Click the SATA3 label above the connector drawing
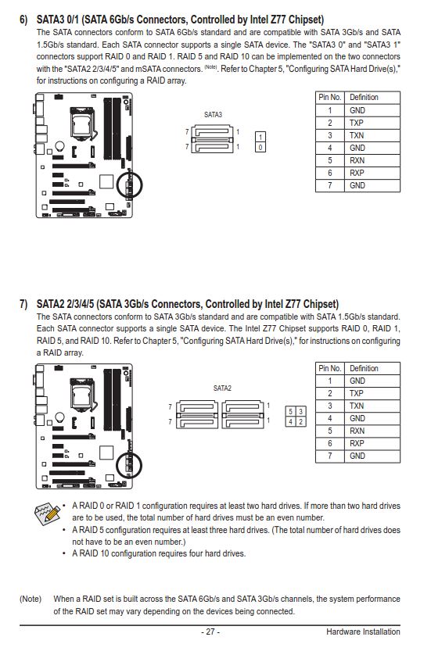coord(213,114)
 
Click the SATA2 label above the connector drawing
coord(222,388)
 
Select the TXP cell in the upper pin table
coord(372,123)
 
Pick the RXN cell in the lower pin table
coord(372,431)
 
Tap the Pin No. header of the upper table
coord(330,97)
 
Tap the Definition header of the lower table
coord(372,368)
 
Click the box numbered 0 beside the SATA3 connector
coord(260,148)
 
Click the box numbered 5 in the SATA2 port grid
coord(290,412)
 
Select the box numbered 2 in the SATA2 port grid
coord(300,421)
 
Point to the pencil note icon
coord(48,513)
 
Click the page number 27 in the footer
coord(210,632)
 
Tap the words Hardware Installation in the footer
coord(363,632)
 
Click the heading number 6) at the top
coord(23,20)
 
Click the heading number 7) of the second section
coord(23,304)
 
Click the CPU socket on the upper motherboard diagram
coord(83,123)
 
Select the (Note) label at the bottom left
coord(31,599)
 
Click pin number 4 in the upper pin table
coord(330,148)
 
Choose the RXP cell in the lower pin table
coord(372,443)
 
